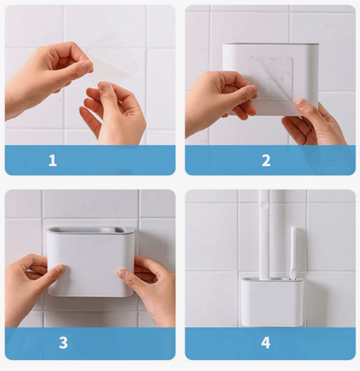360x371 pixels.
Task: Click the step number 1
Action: pos(53,161)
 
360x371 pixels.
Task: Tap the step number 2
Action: pos(266,161)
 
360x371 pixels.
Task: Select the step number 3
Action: pos(63,343)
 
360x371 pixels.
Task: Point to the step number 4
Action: pos(266,343)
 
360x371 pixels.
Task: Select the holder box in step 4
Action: pos(272,302)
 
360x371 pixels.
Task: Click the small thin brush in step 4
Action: pos(293,253)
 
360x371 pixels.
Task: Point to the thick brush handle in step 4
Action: pos(264,234)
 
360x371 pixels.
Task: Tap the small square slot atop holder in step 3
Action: pos(119,229)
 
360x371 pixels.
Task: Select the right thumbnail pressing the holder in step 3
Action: pos(122,274)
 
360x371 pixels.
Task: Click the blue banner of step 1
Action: pos(90,160)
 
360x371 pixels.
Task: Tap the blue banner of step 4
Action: pos(270,344)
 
